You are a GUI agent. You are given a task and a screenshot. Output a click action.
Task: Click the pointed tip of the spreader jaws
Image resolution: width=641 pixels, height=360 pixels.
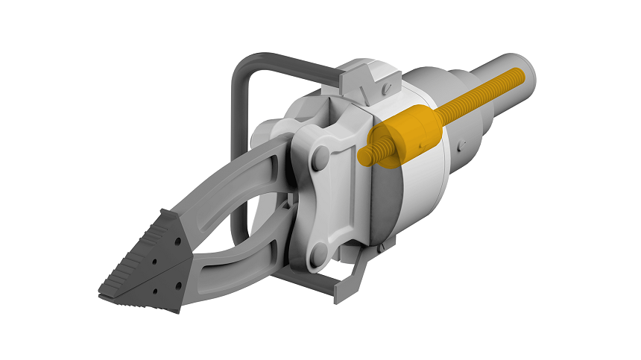click(105, 291)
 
